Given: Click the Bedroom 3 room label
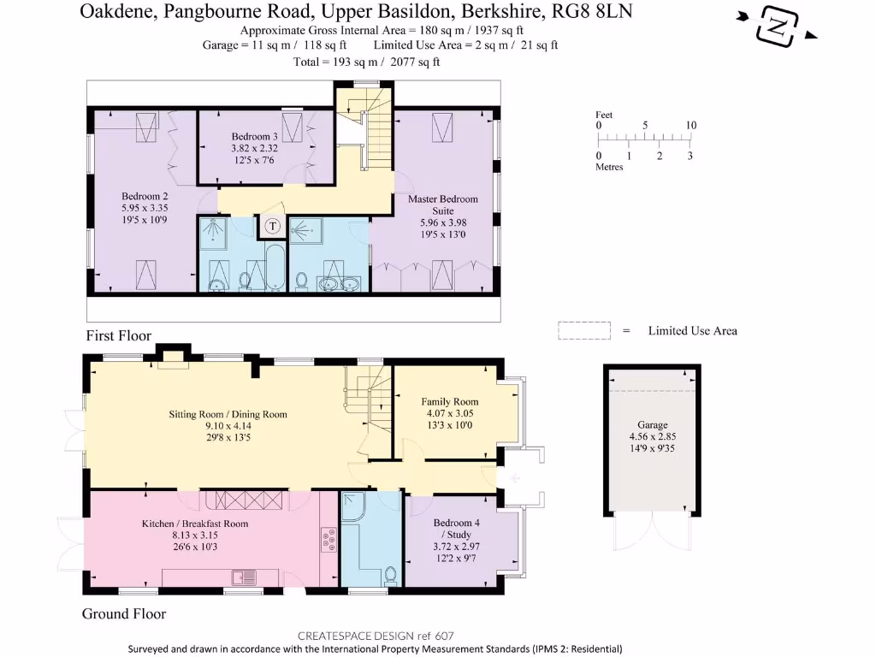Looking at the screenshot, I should click(x=254, y=137).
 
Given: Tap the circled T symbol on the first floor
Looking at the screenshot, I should click(x=273, y=227).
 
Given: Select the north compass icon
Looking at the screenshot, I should click(x=776, y=27).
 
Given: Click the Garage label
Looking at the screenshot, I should click(x=652, y=425).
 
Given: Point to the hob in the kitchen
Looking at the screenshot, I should click(x=328, y=539).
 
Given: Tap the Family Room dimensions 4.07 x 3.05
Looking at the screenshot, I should click(x=449, y=414).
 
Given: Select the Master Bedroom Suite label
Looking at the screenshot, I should click(x=442, y=204).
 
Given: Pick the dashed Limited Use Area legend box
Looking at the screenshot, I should click(x=583, y=331).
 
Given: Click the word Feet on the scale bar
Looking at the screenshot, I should click(x=604, y=115).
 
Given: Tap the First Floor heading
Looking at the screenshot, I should click(x=118, y=336).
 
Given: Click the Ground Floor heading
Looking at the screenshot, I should click(x=123, y=613).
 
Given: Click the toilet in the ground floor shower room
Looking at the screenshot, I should click(x=390, y=576).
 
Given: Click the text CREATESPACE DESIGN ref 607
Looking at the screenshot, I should click(x=375, y=636).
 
